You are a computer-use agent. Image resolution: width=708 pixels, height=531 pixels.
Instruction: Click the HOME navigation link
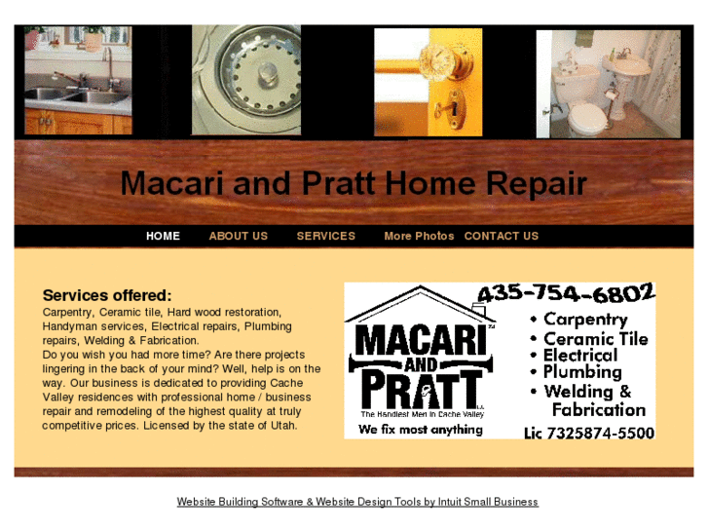(x=163, y=236)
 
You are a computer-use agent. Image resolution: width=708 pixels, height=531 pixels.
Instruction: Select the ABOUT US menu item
(x=238, y=236)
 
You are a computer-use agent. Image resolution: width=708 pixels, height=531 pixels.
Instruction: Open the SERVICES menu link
(x=325, y=236)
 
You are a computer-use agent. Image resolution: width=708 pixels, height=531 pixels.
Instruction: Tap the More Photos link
(x=419, y=236)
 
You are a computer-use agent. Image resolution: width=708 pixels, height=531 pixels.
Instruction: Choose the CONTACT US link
(x=501, y=236)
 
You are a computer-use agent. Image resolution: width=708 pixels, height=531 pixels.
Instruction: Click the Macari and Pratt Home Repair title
(x=354, y=183)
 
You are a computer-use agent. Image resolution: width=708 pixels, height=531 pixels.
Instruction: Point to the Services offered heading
(x=107, y=295)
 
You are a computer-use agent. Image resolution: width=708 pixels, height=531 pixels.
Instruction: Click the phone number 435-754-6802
(x=565, y=293)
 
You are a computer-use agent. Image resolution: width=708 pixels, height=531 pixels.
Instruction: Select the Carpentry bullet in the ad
(x=584, y=319)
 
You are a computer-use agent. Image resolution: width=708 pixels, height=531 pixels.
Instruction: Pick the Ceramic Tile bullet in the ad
(x=594, y=338)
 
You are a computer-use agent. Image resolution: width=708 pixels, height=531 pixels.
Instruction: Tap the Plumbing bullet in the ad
(x=581, y=371)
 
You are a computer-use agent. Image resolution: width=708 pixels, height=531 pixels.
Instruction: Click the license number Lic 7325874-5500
(x=588, y=432)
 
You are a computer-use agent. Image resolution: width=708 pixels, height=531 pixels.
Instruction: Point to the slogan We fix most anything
(x=420, y=429)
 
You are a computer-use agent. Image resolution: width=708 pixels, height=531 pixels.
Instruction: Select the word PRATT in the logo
(x=420, y=388)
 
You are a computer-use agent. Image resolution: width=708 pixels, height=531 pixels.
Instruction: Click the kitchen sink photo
(x=78, y=81)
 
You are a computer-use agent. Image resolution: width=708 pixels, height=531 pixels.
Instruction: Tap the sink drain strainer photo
(x=246, y=81)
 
